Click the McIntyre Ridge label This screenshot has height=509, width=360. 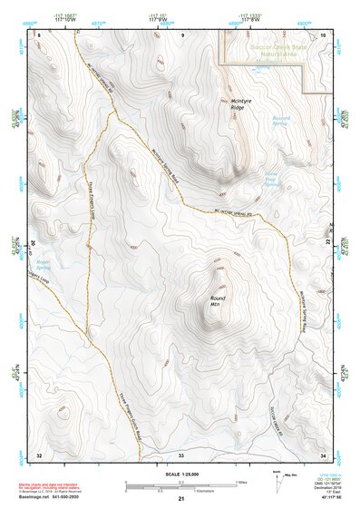[x=238, y=103]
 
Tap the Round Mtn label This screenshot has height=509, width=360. [x=218, y=302]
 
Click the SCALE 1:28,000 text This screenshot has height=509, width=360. [x=180, y=473]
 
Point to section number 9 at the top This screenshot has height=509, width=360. [x=181, y=34]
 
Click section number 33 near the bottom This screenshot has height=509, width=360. [x=180, y=454]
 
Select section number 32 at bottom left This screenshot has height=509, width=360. [x=39, y=454]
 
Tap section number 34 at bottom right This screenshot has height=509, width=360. [x=324, y=454]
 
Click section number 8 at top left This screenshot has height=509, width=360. [x=39, y=34]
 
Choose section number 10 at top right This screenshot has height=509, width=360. [x=324, y=34]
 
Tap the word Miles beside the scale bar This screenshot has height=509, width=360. [x=241, y=482]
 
